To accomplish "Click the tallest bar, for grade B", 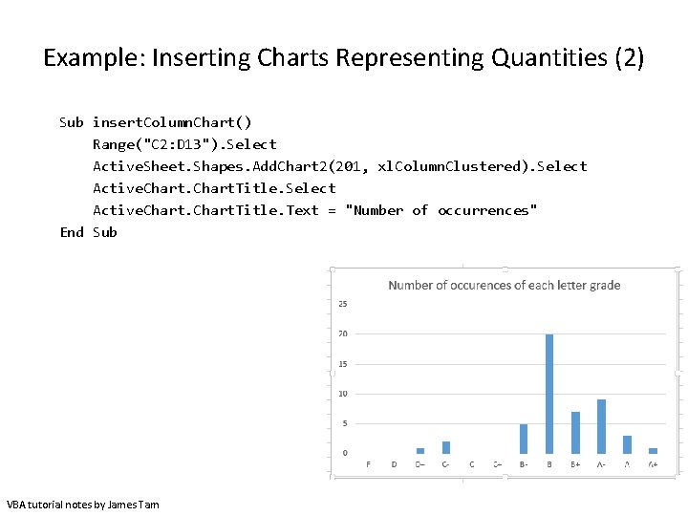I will click(x=549, y=394).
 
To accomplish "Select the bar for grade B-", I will click(x=524, y=439).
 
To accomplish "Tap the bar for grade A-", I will click(x=601, y=426).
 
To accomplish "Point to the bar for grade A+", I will click(x=653, y=450).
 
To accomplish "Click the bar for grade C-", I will click(x=445, y=447).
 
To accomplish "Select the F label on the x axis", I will click(x=369, y=464).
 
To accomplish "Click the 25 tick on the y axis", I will click(x=343, y=304).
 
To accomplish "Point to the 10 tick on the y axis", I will click(x=343, y=394).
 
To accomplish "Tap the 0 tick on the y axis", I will click(x=345, y=453).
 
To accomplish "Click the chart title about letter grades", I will click(x=504, y=285).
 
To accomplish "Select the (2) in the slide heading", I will click(x=629, y=58).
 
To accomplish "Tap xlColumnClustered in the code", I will click(x=452, y=166).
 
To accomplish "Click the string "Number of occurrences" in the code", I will click(x=441, y=210).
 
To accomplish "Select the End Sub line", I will click(x=88, y=232).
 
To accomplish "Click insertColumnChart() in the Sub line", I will click(x=173, y=122).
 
